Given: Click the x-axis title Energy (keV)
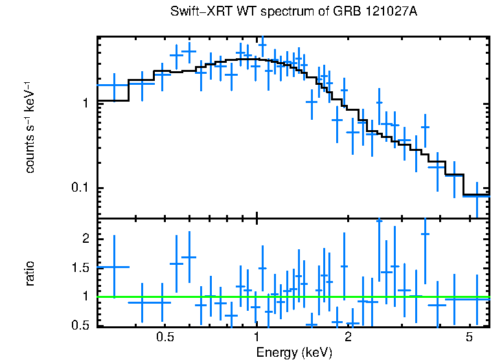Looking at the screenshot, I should pos(294,353).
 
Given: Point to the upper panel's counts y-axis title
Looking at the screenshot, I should pos(30,127).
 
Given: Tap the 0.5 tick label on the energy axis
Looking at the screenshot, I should pos(165,339).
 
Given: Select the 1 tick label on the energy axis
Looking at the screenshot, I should pos(257,339).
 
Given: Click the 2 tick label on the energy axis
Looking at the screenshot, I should pos(348,339).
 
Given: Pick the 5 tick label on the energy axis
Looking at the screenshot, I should pos(469,339).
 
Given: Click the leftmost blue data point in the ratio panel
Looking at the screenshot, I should pos(114,267).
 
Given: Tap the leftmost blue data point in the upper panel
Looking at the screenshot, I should pos(114,85).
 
